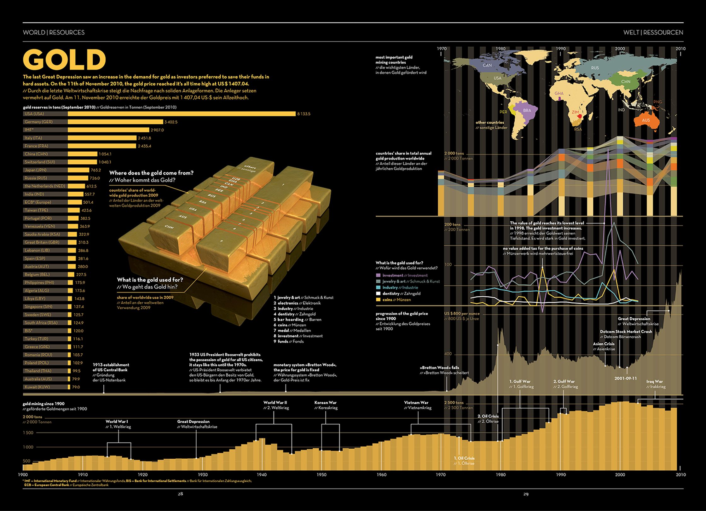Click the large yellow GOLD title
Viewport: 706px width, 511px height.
64,59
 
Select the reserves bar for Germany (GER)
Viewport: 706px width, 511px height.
115,122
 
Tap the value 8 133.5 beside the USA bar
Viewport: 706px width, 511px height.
304,114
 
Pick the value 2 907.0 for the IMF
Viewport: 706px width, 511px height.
157,130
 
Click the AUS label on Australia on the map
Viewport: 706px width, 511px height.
646,120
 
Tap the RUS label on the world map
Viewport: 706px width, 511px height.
595,68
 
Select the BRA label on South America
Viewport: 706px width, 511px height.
527,110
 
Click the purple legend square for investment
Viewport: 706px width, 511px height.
378,275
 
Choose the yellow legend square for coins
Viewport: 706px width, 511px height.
378,300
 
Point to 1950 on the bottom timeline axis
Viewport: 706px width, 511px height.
321,475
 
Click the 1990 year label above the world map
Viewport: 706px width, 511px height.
560,49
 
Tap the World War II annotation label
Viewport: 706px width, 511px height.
275,403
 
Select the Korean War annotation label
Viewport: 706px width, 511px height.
326,403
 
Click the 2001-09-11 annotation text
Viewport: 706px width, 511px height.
625,378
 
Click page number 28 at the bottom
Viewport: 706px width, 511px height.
180,494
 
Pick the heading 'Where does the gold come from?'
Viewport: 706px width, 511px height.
151,173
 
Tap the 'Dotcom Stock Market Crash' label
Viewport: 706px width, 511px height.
626,332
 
